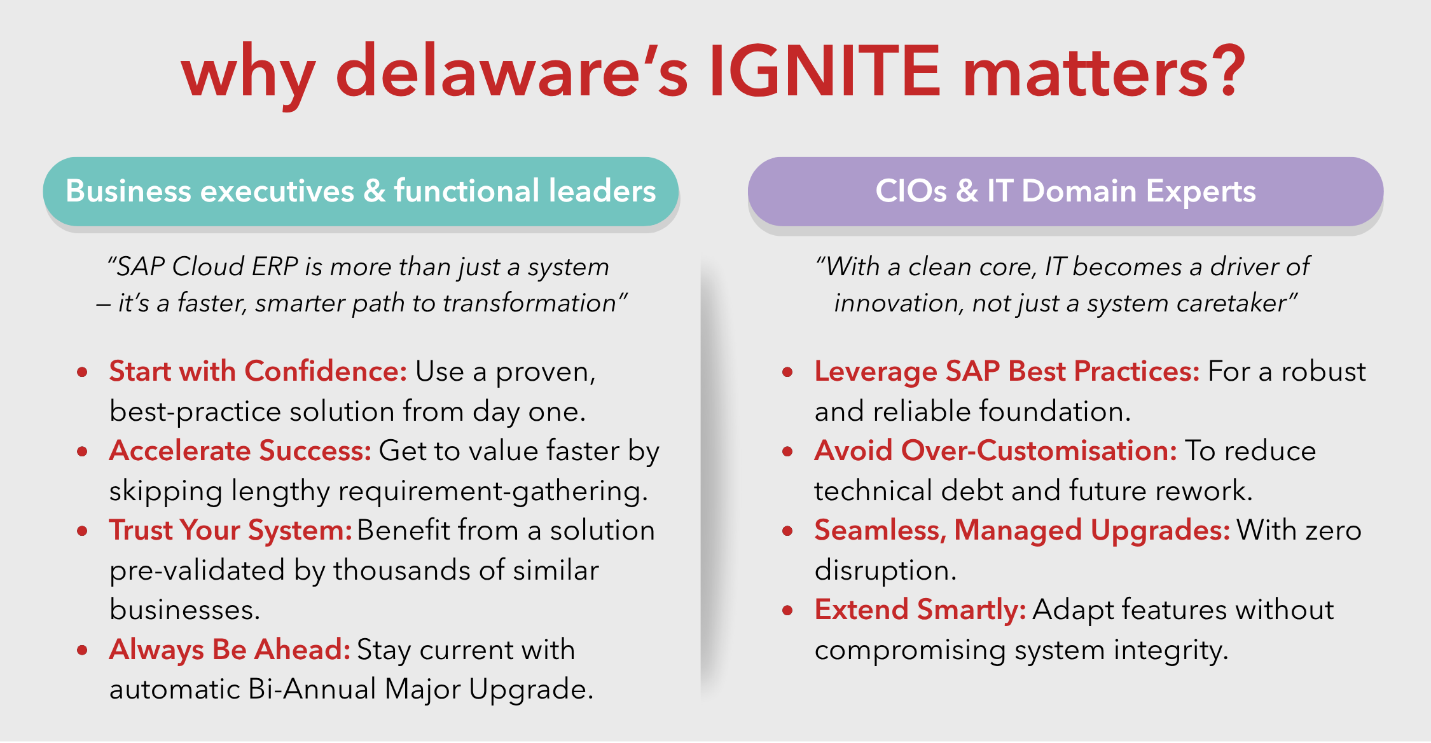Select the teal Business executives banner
coord(361,191)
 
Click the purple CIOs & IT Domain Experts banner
coord(1065,191)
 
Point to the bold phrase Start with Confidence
coord(258,371)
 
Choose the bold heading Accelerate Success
coord(240,451)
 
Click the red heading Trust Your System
coord(230,531)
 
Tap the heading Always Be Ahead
coord(230,650)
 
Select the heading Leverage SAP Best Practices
coord(1007,372)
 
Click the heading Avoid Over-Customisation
coord(995,451)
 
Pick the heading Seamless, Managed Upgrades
coord(1022,531)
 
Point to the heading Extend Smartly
coord(920,610)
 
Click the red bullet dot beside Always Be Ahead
coord(82,650)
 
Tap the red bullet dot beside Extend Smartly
coord(787,610)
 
